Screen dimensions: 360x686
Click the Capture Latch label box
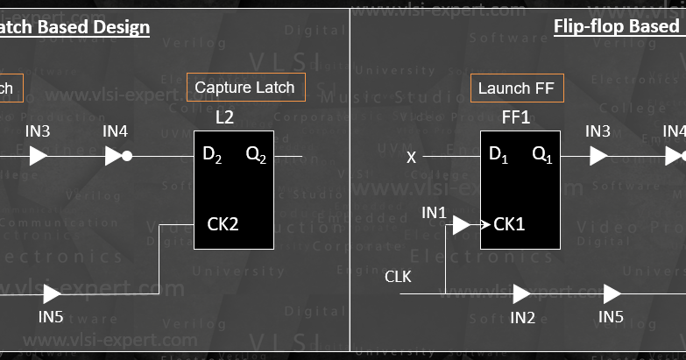coord(246,88)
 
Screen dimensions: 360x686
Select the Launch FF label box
coord(516,88)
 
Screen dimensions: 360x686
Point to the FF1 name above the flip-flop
coord(516,116)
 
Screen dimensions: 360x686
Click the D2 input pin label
coord(212,155)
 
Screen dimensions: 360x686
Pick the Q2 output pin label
coord(256,155)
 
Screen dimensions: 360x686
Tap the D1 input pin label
coord(499,155)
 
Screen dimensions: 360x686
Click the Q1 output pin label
coord(542,155)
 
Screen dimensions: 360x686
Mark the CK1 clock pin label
coord(509,224)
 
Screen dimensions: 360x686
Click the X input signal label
coord(411,158)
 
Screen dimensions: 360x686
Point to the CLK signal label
coord(398,277)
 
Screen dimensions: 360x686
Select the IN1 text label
coord(434,212)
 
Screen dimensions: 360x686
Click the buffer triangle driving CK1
coord(462,226)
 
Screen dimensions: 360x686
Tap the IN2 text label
coord(522,317)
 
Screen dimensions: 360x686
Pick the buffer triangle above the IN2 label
coord(522,293)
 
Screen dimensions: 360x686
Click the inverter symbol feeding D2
coord(117,156)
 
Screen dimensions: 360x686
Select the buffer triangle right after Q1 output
coord(598,156)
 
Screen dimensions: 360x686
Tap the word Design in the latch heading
coord(124,26)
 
